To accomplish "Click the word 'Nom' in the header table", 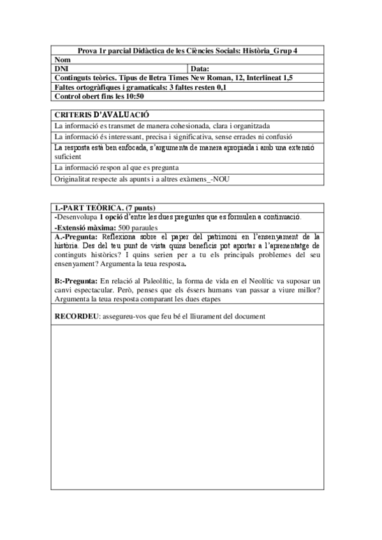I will tap(61, 59).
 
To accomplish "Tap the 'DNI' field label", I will tap(61, 68).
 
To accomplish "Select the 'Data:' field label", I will tap(200, 68).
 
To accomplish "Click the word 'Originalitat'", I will tap(73, 179).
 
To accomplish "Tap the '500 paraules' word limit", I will tap(138, 227).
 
